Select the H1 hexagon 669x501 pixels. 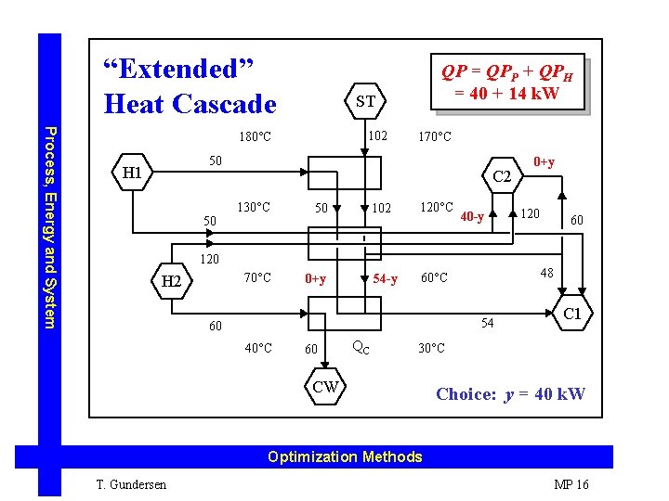pyautogui.click(x=132, y=173)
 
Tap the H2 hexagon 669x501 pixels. pyautogui.click(x=171, y=281)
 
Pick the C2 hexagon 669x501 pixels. pyautogui.click(x=502, y=176)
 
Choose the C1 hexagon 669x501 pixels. pyautogui.click(x=572, y=314)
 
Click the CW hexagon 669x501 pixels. pyautogui.click(x=326, y=387)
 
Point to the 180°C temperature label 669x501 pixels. pyautogui.click(x=255, y=137)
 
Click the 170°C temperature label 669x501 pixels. pyautogui.click(x=435, y=137)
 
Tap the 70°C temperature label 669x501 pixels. pyautogui.click(x=257, y=277)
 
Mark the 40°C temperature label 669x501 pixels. pyautogui.click(x=257, y=348)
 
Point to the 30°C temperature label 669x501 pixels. pyautogui.click(x=432, y=348)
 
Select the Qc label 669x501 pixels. pyautogui.click(x=361, y=348)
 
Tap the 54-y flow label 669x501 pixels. pyautogui.click(x=385, y=278)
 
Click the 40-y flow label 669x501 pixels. pyautogui.click(x=472, y=218)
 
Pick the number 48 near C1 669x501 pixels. pyautogui.click(x=547, y=274)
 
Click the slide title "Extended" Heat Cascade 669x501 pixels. pyautogui.click(x=190, y=85)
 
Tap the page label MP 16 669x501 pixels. pyautogui.click(x=571, y=484)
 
